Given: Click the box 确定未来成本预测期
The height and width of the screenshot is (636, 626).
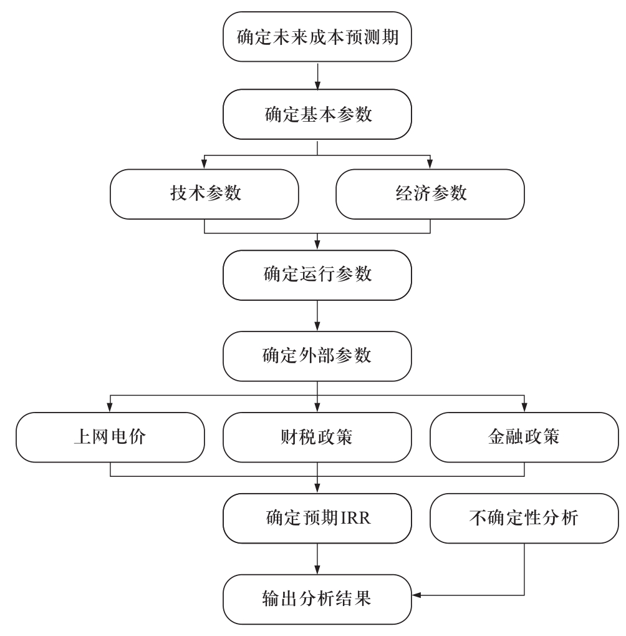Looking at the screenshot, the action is pyautogui.click(x=317, y=36).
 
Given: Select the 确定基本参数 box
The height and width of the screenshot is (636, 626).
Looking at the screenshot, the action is pyautogui.click(x=317, y=114).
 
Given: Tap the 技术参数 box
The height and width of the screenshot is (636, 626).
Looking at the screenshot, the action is pyautogui.click(x=205, y=194).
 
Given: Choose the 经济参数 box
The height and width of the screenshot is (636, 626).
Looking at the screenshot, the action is pyautogui.click(x=430, y=194).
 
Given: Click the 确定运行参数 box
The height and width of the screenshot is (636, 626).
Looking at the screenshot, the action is pyautogui.click(x=317, y=275).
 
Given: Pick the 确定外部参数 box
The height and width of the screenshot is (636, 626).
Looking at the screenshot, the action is pyautogui.click(x=317, y=356).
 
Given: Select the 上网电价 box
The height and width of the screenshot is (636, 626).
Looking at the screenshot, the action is pyautogui.click(x=110, y=438).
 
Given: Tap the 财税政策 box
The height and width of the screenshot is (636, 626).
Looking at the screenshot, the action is pyautogui.click(x=317, y=438).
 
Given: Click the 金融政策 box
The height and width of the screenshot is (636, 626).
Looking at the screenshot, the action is pyautogui.click(x=524, y=438).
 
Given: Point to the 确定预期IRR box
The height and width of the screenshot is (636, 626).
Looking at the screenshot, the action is pyautogui.click(x=317, y=519).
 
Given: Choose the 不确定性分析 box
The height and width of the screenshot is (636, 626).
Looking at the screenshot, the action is pyautogui.click(x=524, y=519).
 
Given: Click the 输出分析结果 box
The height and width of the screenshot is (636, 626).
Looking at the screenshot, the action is pyautogui.click(x=317, y=599).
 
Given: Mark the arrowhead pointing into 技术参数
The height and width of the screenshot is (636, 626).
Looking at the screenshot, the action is pyautogui.click(x=205, y=164).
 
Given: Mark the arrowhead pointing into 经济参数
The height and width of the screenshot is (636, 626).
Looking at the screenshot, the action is pyautogui.click(x=430, y=164).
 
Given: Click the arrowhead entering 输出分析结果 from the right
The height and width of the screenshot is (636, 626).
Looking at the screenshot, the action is pyautogui.click(x=417, y=595).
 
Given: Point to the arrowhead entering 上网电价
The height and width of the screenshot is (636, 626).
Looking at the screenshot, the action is pyautogui.click(x=110, y=407).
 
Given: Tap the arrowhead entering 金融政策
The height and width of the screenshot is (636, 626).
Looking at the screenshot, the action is pyautogui.click(x=524, y=407).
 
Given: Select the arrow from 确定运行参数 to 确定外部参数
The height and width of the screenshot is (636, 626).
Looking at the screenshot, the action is pyautogui.click(x=317, y=316).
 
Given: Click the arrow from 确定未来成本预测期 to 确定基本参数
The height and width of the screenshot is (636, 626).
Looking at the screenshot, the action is pyautogui.click(x=317, y=76).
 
